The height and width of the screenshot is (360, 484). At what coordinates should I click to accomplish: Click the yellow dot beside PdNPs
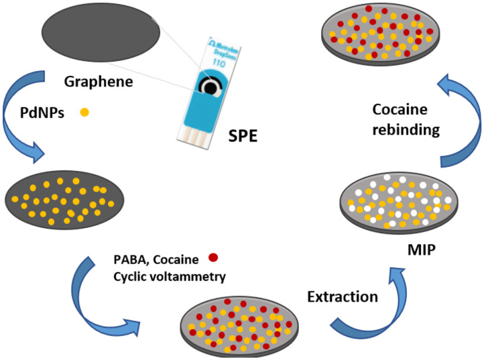84,112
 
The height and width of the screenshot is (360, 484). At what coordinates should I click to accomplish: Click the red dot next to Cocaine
213,257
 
